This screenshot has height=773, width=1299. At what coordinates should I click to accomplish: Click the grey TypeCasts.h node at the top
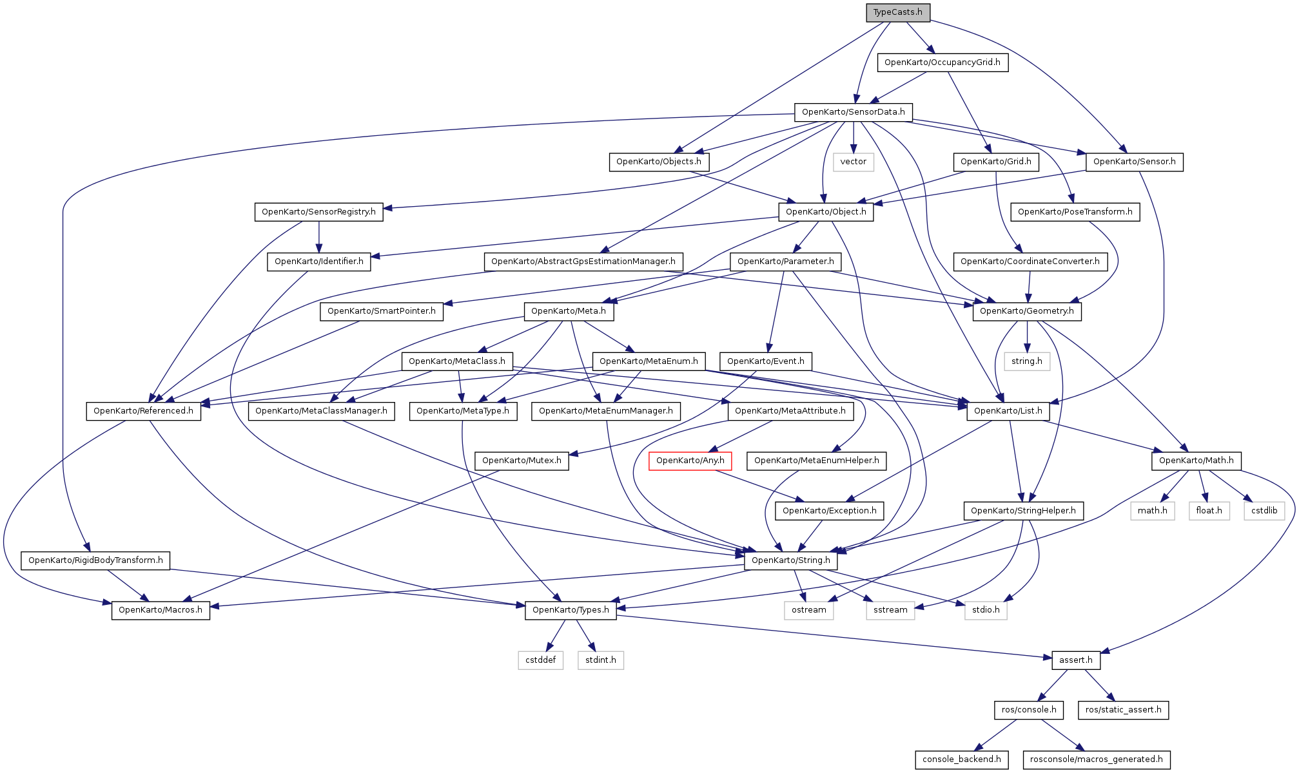point(898,12)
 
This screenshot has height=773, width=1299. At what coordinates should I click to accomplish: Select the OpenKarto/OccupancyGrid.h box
point(943,62)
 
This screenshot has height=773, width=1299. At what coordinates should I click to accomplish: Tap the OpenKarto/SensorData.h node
point(854,112)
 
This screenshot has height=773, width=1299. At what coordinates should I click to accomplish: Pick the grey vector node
point(854,162)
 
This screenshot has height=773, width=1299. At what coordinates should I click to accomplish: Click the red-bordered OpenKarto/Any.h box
point(690,461)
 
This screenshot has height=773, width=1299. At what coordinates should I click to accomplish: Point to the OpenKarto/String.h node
point(791,560)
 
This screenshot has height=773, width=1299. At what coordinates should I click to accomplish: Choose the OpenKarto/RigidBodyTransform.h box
point(95,560)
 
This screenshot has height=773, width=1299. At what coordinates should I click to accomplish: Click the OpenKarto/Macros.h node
point(161,610)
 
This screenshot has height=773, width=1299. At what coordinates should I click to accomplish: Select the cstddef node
point(541,660)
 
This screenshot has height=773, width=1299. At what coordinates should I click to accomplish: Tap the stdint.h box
point(601,660)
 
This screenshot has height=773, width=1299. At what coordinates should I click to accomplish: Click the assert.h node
point(1076,660)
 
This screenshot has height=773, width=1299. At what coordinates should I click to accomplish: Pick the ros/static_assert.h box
point(1124,710)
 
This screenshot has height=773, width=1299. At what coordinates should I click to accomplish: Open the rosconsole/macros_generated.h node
point(1097,759)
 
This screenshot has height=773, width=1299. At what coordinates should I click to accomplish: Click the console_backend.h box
point(962,759)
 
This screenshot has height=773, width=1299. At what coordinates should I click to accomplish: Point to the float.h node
point(1209,511)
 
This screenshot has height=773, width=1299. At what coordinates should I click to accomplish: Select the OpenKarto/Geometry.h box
point(1027,311)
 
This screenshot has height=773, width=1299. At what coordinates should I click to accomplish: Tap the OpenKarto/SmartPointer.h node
point(382,311)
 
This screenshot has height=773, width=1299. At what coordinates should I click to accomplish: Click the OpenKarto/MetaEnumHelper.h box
point(817,461)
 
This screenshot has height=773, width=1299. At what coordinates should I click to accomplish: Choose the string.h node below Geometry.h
point(1027,361)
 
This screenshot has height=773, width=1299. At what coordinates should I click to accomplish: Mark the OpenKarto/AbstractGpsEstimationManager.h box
point(583,262)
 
